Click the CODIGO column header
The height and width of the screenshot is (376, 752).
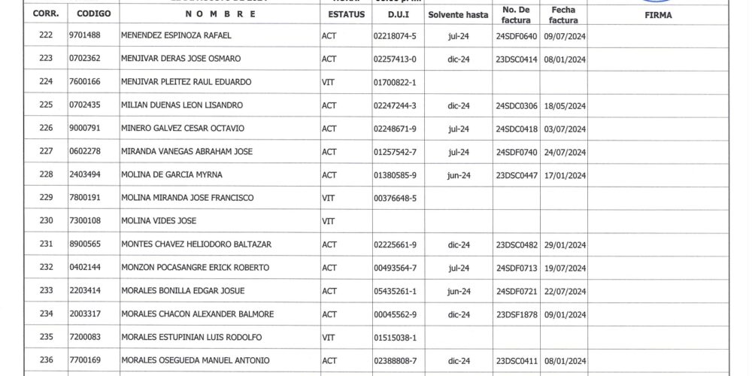[93, 14]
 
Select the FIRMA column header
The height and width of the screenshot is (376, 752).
[658, 14]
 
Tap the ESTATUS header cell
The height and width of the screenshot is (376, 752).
[346, 14]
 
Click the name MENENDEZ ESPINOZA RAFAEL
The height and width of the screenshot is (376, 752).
[176, 35]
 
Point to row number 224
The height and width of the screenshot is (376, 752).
[45, 82]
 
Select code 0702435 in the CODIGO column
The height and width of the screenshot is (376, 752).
[84, 105]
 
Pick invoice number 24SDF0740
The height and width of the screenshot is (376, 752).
[517, 152]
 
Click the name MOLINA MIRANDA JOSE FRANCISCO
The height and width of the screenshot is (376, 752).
[187, 199]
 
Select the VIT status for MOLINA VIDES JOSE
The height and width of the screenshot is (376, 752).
[328, 222]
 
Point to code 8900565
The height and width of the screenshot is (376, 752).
[84, 244]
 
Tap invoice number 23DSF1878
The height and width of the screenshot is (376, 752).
[517, 314]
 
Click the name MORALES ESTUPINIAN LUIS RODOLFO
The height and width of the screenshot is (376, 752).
[192, 338]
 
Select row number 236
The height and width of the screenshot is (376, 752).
[45, 361]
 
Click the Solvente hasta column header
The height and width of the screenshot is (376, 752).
[458, 14]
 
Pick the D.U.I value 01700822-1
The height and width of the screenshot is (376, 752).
[395, 82]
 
